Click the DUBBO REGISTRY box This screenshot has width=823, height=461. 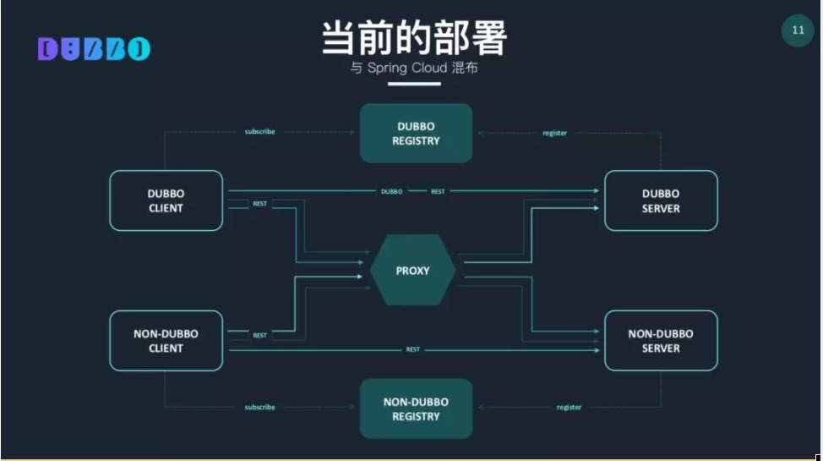pos(416,134)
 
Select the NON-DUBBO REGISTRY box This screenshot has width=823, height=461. pos(416,409)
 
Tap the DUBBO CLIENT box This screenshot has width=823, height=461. pos(166,200)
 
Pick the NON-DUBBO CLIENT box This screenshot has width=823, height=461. pos(166,341)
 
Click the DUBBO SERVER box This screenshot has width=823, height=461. pos(661,200)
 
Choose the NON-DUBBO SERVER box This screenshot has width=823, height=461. pos(661,341)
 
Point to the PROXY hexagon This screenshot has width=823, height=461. pos(413,271)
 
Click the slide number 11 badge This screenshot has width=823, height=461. pos(798,30)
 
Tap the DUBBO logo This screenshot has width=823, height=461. pos(94,49)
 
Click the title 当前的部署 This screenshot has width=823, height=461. pos(414,38)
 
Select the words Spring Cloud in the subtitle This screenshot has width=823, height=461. pos(407,68)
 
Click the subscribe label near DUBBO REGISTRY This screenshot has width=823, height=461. pos(259,132)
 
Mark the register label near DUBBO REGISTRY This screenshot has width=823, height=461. pos(554,133)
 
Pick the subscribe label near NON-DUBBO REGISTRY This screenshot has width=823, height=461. pos(259,407)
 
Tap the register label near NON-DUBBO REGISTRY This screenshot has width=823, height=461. pos(569,407)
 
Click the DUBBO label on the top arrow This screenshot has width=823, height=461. pos(391,191)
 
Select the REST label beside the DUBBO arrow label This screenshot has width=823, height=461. pos(438,191)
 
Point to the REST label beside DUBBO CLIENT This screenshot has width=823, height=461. pos(259,204)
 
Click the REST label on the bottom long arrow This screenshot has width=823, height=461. pos(412,349)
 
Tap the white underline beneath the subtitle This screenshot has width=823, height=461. pos(414,84)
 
